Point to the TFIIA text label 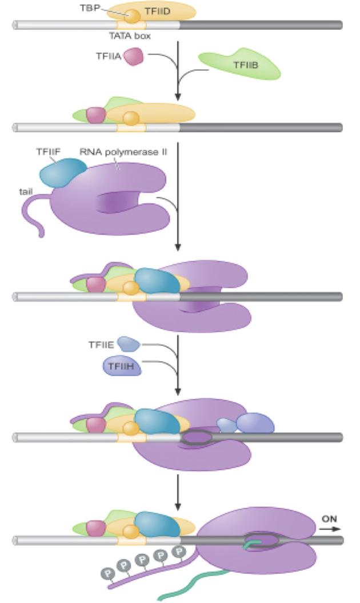click(x=108, y=56)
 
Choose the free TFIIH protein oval click(x=122, y=366)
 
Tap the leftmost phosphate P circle click(x=105, y=573)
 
